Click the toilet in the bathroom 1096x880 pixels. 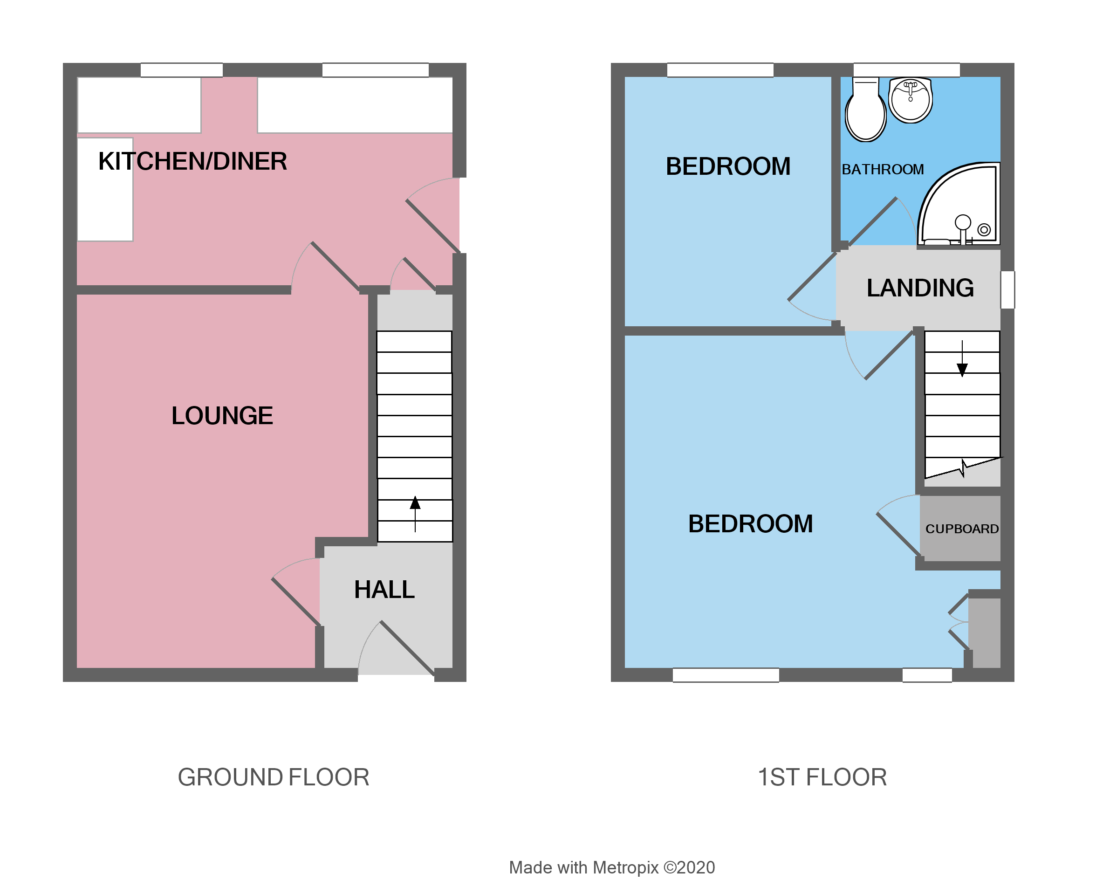click(865, 111)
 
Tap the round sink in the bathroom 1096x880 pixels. click(910, 101)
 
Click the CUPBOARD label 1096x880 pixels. click(962, 529)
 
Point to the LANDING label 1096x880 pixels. click(920, 288)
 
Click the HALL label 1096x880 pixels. click(384, 590)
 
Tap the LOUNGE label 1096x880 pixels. click(222, 416)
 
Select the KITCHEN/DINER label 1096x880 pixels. click(192, 162)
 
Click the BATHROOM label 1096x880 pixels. click(883, 169)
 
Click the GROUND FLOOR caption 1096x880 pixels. click(274, 777)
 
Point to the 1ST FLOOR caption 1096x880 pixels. click(822, 777)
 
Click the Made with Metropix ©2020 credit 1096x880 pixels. click(612, 868)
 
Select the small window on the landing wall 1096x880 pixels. click(1007, 290)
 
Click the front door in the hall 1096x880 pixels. click(407, 648)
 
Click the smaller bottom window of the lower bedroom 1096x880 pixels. click(927, 675)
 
